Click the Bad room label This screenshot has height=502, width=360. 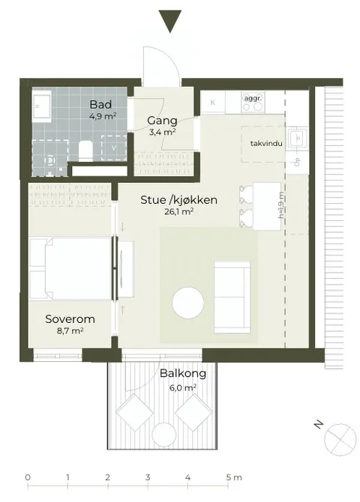100,104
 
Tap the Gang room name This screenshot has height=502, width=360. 162,121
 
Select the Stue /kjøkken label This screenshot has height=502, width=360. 179,200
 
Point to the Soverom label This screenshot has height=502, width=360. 70,319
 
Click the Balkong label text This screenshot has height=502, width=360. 183,373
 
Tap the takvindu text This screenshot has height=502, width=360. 266,143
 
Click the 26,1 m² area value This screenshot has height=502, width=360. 179,211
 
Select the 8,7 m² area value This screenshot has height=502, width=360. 70,330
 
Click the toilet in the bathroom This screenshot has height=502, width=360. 85,150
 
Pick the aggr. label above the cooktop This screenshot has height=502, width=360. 253,98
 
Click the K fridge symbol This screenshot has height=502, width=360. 212,103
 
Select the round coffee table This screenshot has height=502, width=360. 187,303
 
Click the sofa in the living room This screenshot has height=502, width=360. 232,297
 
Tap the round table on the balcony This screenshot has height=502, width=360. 163,435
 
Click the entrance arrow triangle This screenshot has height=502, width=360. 170,21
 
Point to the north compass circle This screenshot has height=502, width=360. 340,439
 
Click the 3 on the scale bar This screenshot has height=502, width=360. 148,477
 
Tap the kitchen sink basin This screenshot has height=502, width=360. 298,139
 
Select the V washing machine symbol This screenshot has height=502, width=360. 113,148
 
